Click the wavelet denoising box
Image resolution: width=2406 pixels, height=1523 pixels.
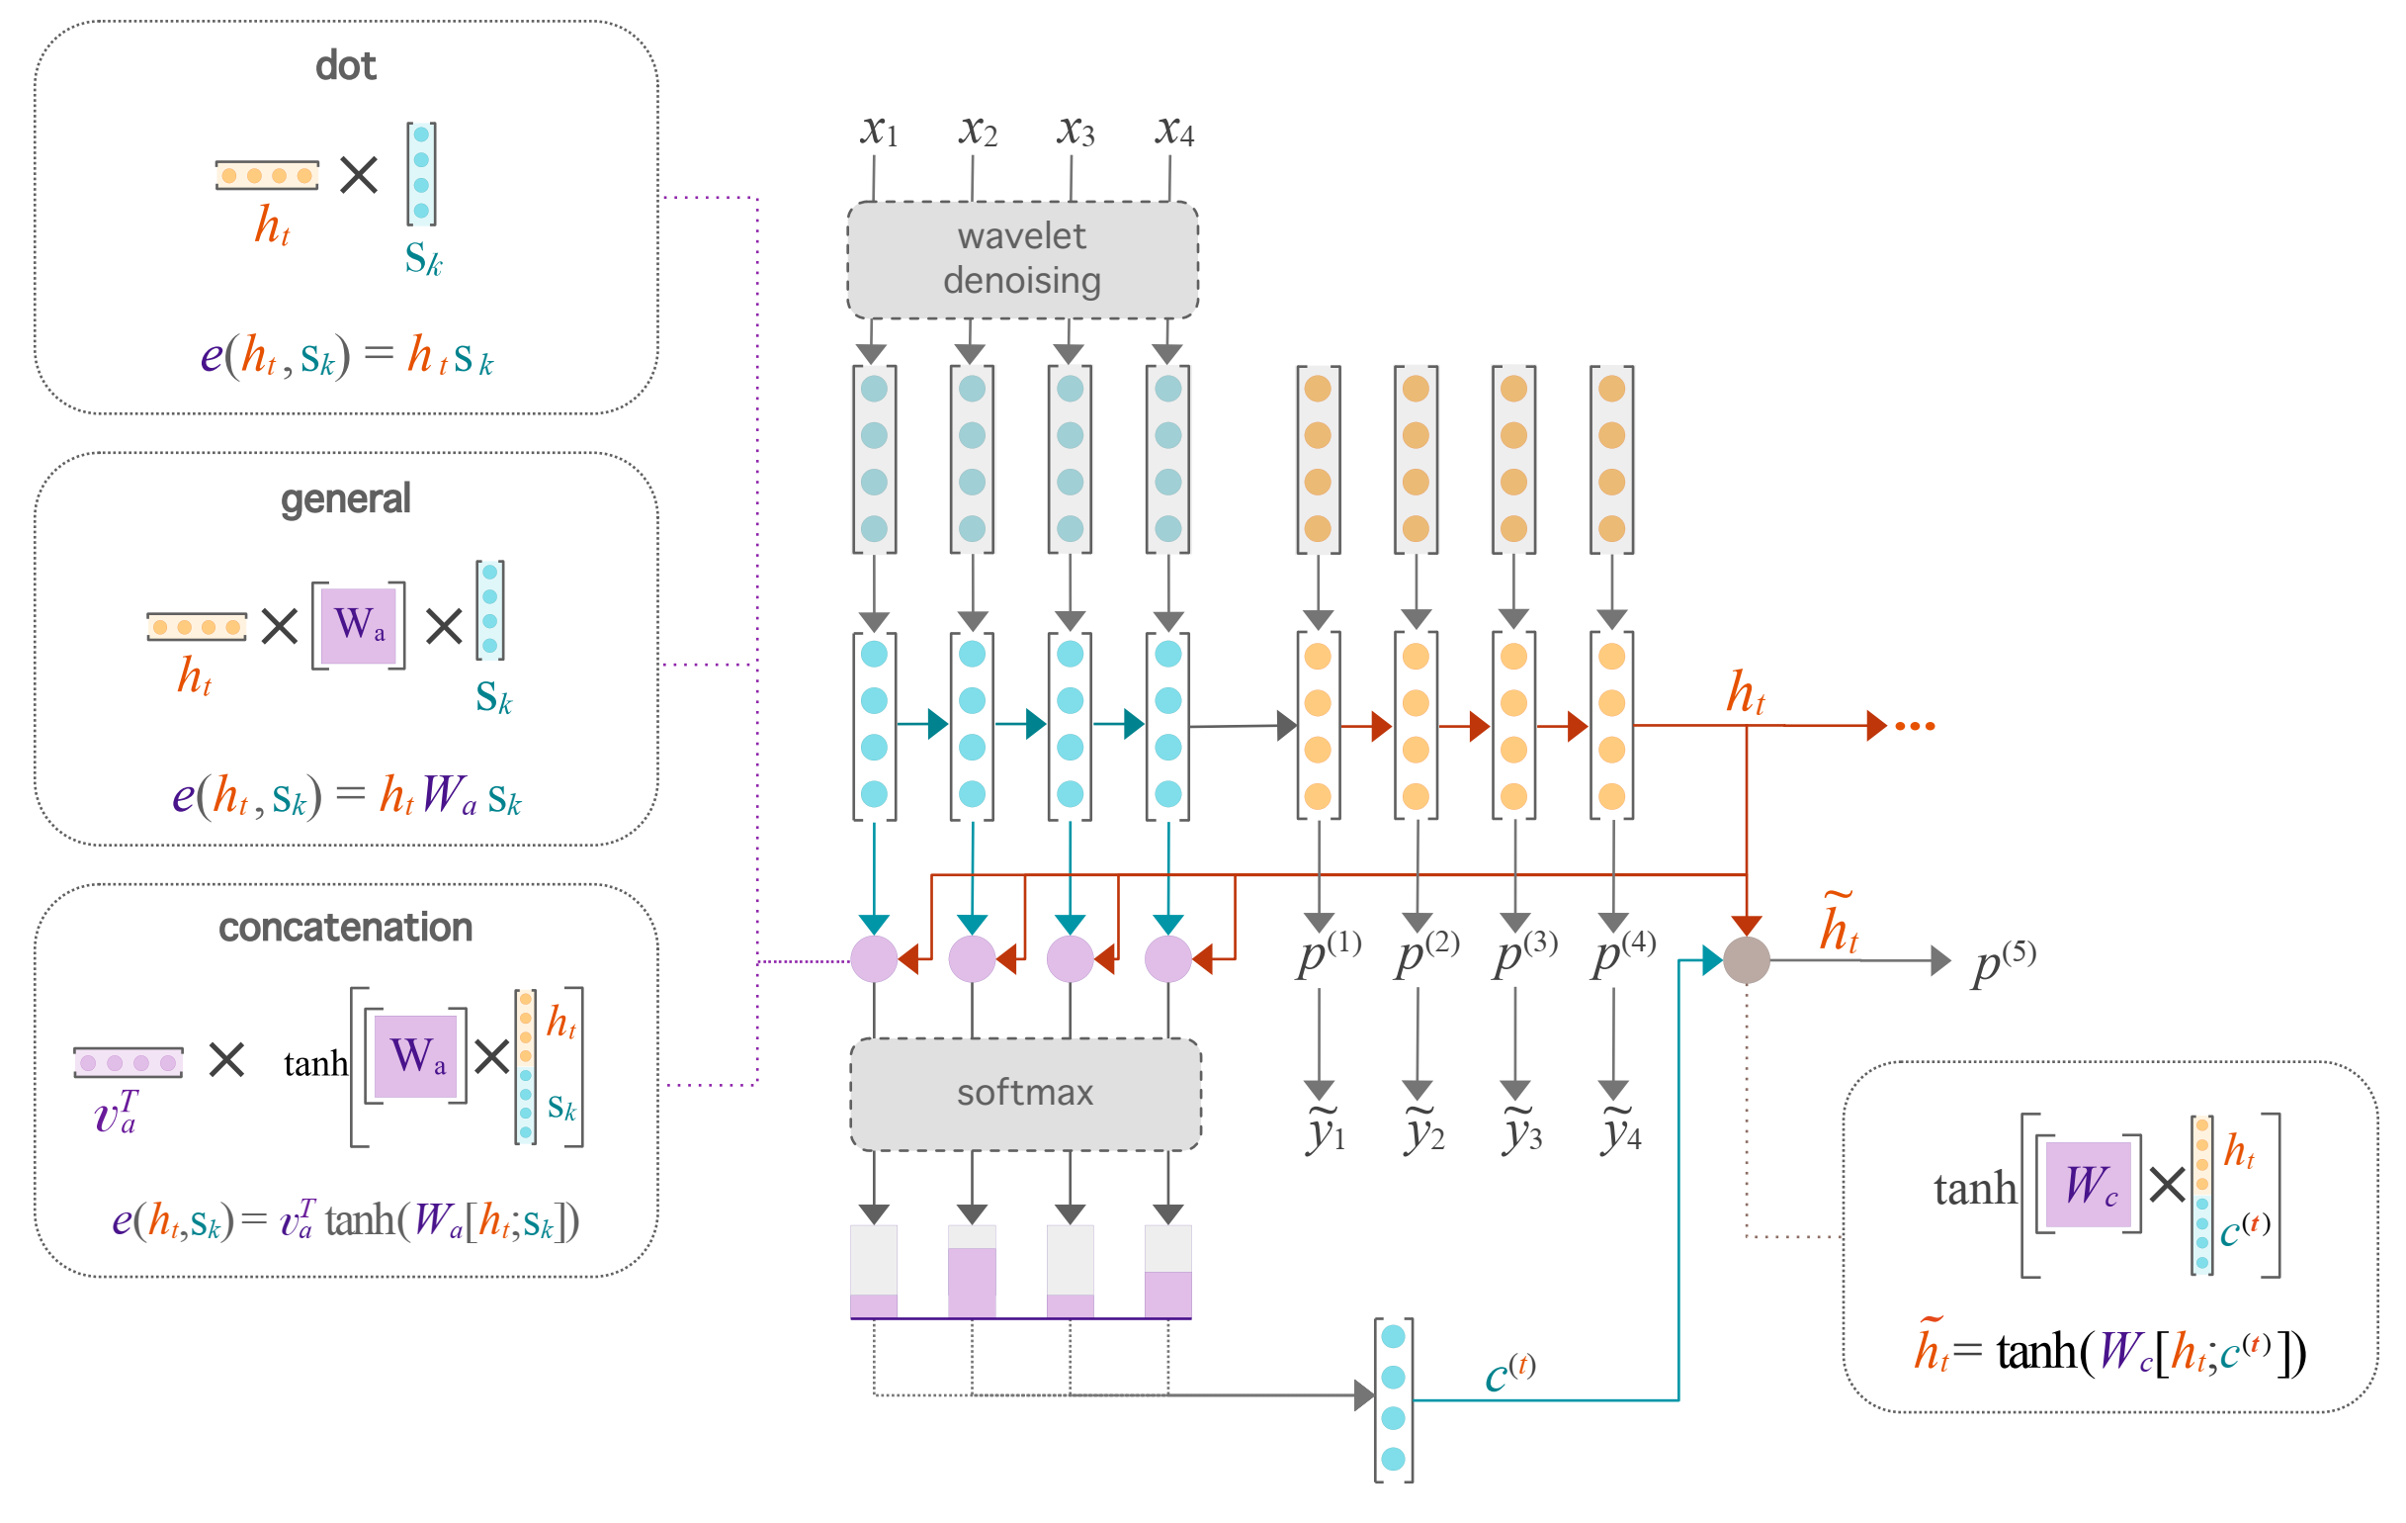1022,260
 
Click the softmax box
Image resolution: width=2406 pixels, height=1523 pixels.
1025,1093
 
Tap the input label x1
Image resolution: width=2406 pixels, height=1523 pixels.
878,131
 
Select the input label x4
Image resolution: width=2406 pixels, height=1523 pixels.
1174,131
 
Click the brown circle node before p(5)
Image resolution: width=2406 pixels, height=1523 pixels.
1747,960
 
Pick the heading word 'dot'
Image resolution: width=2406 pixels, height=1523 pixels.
346,66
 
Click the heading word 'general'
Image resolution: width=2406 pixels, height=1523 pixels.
346,497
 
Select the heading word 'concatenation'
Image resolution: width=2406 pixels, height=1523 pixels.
346,928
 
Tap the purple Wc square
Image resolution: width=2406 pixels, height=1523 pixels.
2089,1184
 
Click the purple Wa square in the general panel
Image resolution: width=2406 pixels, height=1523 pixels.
359,625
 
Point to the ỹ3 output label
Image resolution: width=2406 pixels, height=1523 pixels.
1521,1131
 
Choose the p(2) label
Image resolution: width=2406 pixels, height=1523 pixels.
1426,953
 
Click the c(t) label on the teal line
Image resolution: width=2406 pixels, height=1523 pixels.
1508,1374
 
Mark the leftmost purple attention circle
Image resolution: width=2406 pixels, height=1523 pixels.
874,959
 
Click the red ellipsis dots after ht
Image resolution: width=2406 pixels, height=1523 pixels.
1915,727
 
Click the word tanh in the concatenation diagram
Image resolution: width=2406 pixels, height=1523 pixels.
315,1063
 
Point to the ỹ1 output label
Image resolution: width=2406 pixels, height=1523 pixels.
1326,1131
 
